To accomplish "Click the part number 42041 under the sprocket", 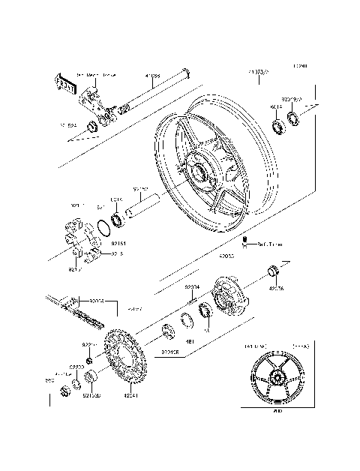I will pyautogui.click(x=130, y=394).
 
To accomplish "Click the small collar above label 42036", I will pyautogui.click(x=274, y=271).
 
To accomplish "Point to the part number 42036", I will pyautogui.click(x=277, y=287).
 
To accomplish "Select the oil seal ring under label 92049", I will pyautogui.click(x=291, y=117).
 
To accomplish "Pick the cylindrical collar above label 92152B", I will pyautogui.click(x=89, y=376).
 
